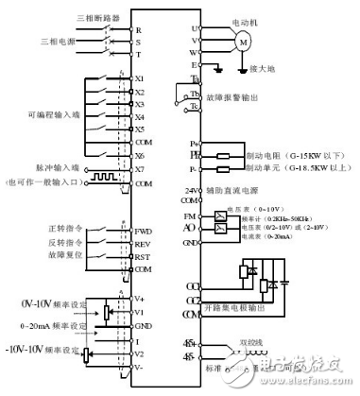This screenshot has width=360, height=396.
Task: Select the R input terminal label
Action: pos(139,31)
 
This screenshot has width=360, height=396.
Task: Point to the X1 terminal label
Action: pos(141,79)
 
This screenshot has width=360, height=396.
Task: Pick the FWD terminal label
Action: pos(144,230)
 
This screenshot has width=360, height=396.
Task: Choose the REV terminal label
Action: pos(144,243)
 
